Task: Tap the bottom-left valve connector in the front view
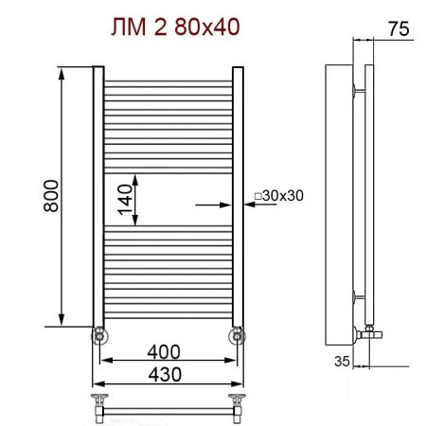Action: click(x=98, y=334)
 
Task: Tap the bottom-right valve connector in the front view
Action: click(x=237, y=334)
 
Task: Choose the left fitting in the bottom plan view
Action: click(x=99, y=402)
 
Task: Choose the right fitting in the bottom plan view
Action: click(x=236, y=402)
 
